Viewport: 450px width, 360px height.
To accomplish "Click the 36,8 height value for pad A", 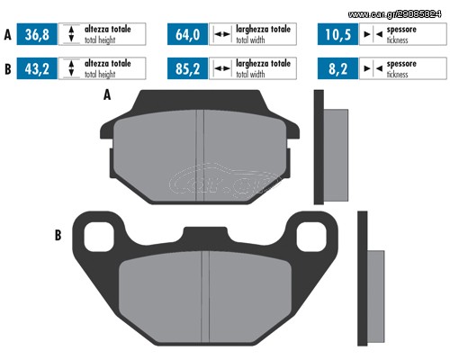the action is point(37,34).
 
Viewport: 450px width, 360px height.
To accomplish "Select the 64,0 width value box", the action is point(187,34).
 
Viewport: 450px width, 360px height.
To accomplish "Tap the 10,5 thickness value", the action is point(337,34).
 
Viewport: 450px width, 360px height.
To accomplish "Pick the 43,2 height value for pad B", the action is point(37,68).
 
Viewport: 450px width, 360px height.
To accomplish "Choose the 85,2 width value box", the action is point(187,68).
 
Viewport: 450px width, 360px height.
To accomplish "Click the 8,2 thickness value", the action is point(337,68).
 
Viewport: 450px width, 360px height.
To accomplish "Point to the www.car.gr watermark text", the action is point(395,14).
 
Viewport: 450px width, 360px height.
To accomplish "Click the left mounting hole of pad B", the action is point(99,237).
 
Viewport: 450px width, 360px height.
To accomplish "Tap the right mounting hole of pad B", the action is point(311,237).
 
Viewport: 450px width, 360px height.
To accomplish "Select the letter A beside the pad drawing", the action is point(107,95).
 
